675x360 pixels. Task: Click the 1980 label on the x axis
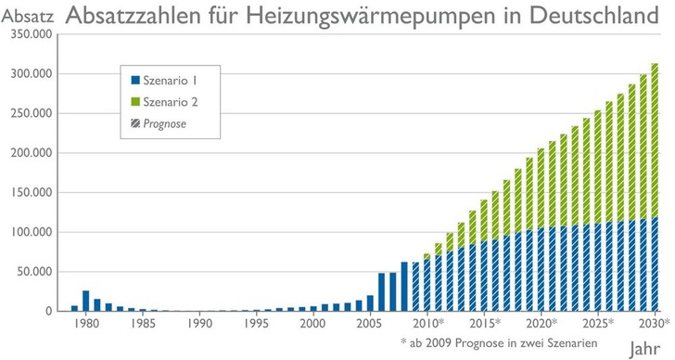coord(86,323)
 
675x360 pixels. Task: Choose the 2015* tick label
coord(485,323)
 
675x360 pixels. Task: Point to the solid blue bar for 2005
coord(370,303)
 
